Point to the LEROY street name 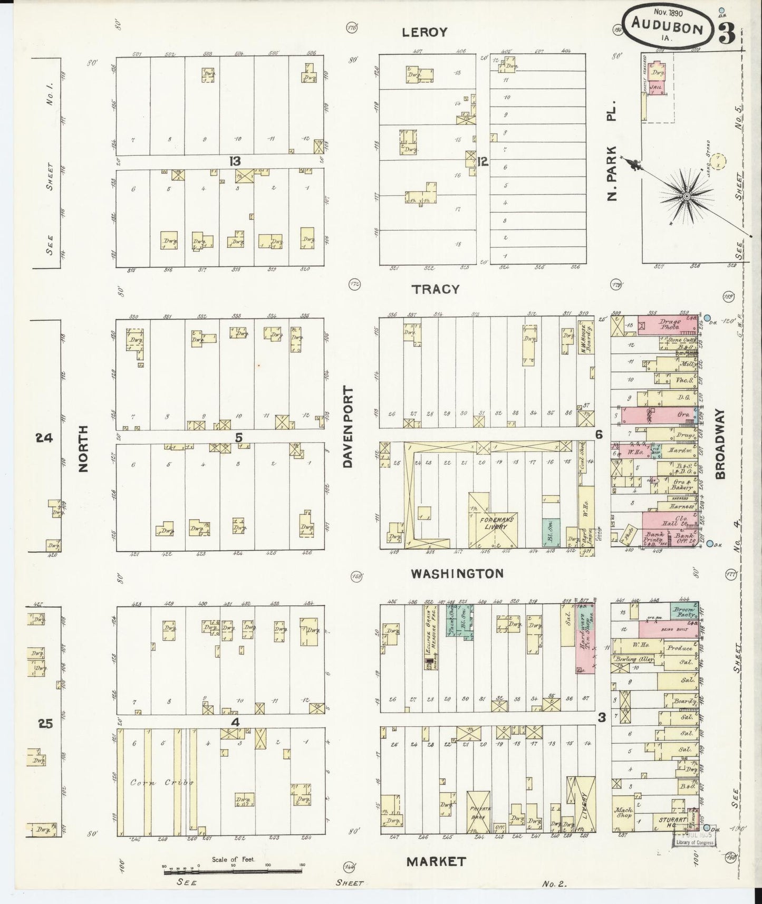click(424, 33)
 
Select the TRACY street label click(436, 289)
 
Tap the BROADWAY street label click(720, 444)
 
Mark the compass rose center click(687, 197)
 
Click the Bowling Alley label click(633, 660)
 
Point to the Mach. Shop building click(624, 813)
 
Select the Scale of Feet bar click(232, 866)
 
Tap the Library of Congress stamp click(695, 839)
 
